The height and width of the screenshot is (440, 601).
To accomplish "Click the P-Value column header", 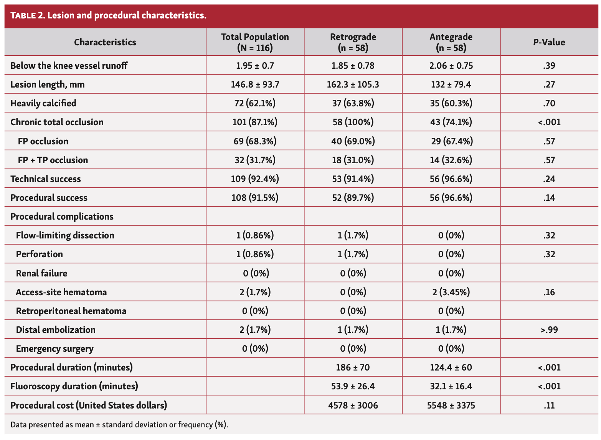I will tap(549, 42).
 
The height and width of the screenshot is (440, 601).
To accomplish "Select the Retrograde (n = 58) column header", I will tap(353, 42).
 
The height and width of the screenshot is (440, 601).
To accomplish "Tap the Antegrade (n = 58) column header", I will tap(451, 42).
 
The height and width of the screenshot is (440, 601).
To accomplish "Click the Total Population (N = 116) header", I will tap(255, 42).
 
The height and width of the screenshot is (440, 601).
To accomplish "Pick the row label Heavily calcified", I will tap(43, 103).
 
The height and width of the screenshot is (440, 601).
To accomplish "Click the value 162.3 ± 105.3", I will tap(353, 84).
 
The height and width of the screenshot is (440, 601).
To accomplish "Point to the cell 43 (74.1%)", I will tap(451, 122).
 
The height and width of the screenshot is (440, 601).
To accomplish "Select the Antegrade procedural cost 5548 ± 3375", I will tap(451, 405).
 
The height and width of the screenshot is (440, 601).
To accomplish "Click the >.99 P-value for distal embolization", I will tap(549, 330).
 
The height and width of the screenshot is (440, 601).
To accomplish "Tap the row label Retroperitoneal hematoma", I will tap(71, 311).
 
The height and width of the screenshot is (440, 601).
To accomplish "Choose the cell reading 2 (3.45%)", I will tap(451, 292).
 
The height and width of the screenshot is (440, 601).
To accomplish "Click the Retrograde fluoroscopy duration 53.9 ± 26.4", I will tap(353, 386).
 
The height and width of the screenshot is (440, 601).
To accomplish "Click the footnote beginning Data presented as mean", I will tap(119, 425).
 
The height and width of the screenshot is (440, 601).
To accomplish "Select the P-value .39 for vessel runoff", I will tap(549, 66).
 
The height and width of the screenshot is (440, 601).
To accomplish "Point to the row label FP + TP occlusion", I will tap(53, 160).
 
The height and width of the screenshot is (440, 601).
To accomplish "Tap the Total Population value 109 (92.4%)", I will tap(255, 179).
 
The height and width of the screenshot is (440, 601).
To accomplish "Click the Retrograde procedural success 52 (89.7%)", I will tap(353, 198).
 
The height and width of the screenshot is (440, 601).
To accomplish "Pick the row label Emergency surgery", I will tap(54, 349).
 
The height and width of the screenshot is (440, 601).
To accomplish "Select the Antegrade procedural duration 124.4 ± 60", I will tap(451, 367).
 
